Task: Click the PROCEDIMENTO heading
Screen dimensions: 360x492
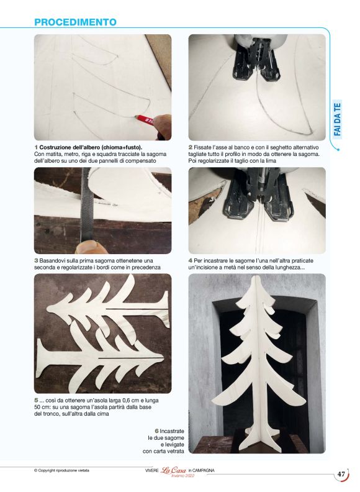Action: (75, 22)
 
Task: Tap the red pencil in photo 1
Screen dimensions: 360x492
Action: (144, 119)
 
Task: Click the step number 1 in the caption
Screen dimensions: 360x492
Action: (36, 147)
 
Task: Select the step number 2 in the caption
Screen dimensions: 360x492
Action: (191, 147)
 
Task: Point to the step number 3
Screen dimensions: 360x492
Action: (37, 261)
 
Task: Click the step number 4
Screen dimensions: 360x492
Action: (191, 261)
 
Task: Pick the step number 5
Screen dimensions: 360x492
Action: (37, 401)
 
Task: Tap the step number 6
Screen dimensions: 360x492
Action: (157, 431)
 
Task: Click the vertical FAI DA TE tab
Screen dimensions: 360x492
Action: (338, 119)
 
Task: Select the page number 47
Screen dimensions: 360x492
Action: (341, 474)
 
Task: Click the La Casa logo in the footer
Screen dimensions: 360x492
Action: (173, 471)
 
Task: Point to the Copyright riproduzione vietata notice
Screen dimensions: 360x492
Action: (61, 470)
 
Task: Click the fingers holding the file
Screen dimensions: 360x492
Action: (91, 247)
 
